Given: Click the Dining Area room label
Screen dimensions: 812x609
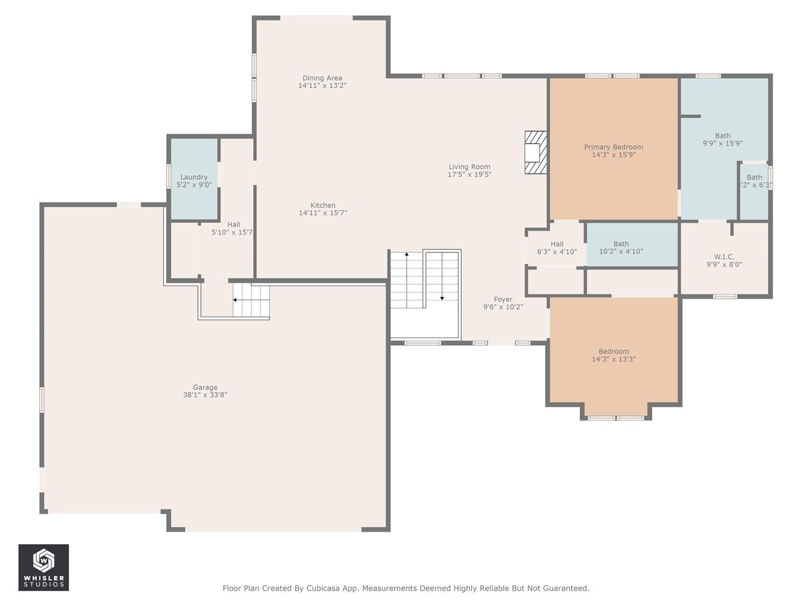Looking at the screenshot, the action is point(322,78).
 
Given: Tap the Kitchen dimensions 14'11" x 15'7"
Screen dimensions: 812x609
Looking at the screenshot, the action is point(323,213).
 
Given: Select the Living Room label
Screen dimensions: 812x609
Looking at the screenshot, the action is point(469,167).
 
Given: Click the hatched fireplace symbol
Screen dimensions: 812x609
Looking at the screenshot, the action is point(535,152).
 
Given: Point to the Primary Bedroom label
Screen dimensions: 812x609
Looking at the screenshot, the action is point(613,147).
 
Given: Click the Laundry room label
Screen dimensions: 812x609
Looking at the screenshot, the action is point(194,177).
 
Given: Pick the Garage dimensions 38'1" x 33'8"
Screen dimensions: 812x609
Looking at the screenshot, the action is point(205,395).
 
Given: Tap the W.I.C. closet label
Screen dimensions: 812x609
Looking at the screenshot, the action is point(724,257).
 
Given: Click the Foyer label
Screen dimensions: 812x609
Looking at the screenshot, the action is point(503,299).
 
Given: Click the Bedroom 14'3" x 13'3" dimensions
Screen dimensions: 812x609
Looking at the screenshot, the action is point(613,359).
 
